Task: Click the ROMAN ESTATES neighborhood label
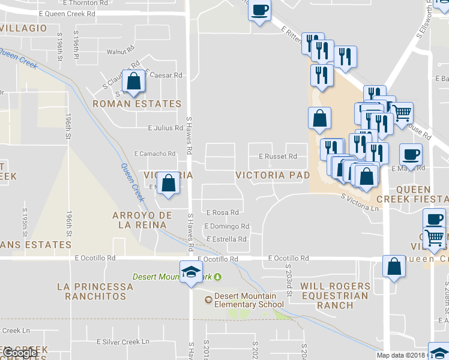(137, 104)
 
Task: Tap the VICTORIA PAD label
(273, 175)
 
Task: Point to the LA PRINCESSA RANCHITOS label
(91, 291)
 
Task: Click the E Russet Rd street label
(278, 157)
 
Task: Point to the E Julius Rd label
(166, 128)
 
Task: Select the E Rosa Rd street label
(223, 212)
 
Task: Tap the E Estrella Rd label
(226, 239)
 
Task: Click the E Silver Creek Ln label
(122, 342)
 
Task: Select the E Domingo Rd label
(226, 226)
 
